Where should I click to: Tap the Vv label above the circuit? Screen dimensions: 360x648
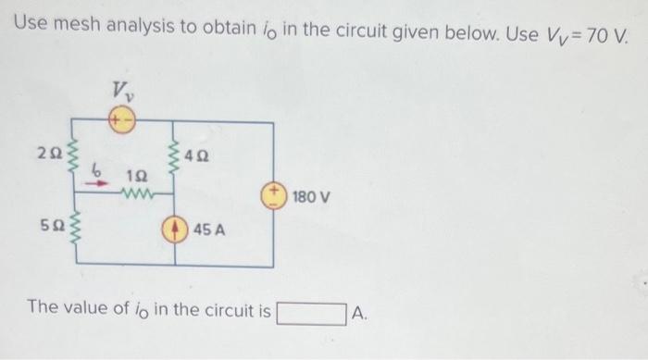coord(121,90)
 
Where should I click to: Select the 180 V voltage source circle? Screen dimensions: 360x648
coord(273,195)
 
